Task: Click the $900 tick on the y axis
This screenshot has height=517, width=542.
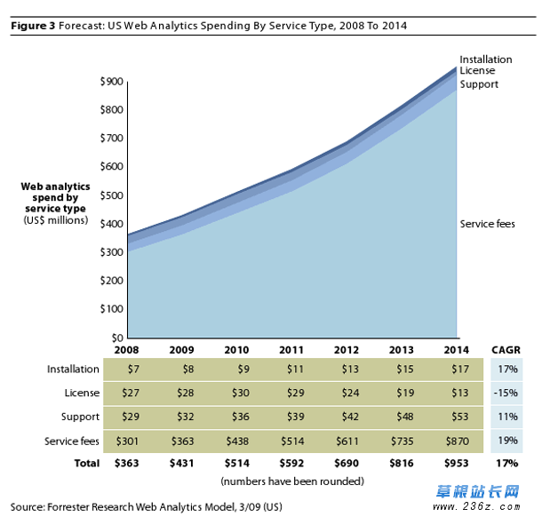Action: point(111,82)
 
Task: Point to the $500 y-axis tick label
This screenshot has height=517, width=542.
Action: point(111,195)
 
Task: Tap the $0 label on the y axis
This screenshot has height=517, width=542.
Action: point(116,338)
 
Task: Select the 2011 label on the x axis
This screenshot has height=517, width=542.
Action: point(292,349)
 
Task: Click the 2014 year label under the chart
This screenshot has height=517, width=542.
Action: point(458,349)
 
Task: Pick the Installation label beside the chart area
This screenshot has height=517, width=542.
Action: point(485,60)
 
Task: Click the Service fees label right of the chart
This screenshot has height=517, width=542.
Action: point(487,224)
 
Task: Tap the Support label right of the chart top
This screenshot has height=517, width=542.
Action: point(479,84)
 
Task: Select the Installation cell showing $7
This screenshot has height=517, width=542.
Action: point(128,369)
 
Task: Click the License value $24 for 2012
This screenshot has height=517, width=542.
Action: point(347,393)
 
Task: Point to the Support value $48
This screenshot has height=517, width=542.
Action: point(402,417)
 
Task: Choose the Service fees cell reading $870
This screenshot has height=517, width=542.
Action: point(456,441)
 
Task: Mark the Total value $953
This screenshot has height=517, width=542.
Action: point(456,463)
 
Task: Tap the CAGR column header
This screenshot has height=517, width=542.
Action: point(506,349)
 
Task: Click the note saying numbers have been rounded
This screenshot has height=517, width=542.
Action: point(292,481)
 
